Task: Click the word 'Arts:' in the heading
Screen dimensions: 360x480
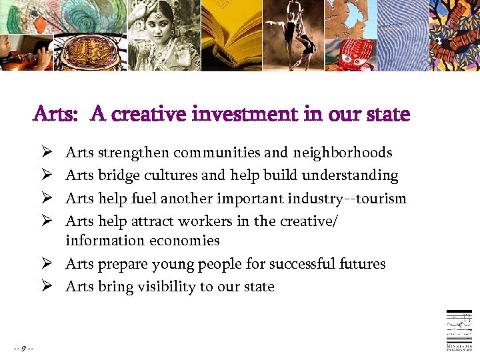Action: point(55,115)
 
